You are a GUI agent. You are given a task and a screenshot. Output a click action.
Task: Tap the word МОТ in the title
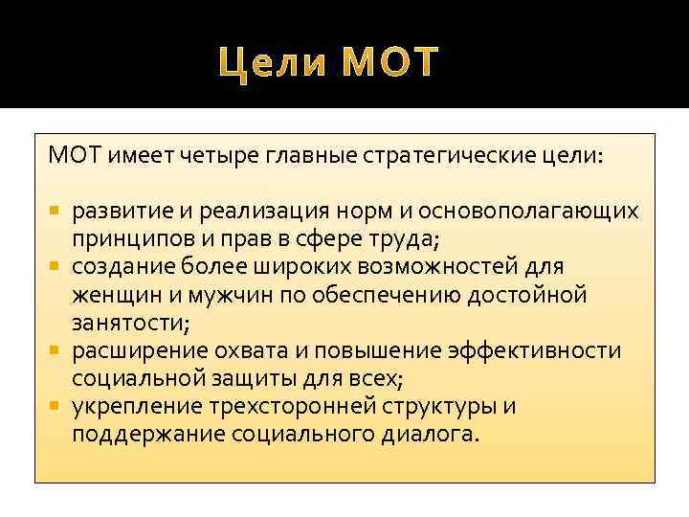[389, 62]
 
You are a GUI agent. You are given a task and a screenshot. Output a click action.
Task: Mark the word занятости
[123, 323]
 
